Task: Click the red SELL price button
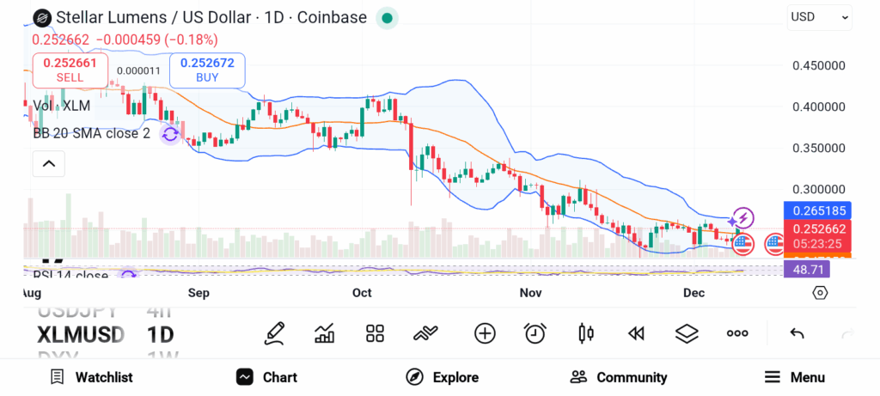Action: (x=70, y=69)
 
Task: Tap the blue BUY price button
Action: (x=206, y=69)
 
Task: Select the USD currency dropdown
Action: (x=819, y=16)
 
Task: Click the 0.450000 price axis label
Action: (x=819, y=66)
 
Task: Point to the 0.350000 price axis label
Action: (x=819, y=148)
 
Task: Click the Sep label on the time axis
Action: (x=199, y=293)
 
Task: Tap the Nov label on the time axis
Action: (x=530, y=293)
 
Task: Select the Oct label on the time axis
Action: (x=362, y=293)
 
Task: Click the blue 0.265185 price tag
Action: (x=818, y=210)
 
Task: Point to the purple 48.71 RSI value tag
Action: (x=808, y=269)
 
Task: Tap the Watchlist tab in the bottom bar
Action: (x=91, y=377)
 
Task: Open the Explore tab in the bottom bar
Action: (x=443, y=377)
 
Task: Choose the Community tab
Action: (x=619, y=377)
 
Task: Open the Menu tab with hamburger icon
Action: (x=795, y=377)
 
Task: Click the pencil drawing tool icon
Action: (x=275, y=333)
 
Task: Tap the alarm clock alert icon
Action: (x=535, y=333)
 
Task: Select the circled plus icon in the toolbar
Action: (x=485, y=333)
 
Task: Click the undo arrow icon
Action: (x=797, y=333)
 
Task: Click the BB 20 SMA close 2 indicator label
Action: (x=91, y=133)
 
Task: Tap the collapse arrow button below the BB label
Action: (x=49, y=163)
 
